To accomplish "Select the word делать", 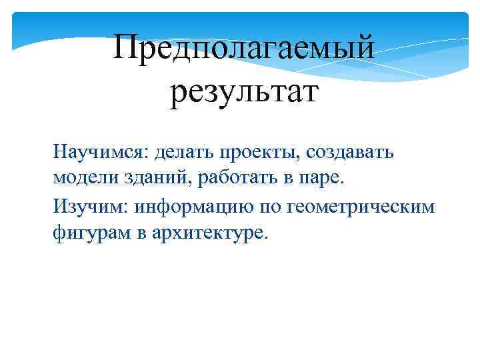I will [181, 153].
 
